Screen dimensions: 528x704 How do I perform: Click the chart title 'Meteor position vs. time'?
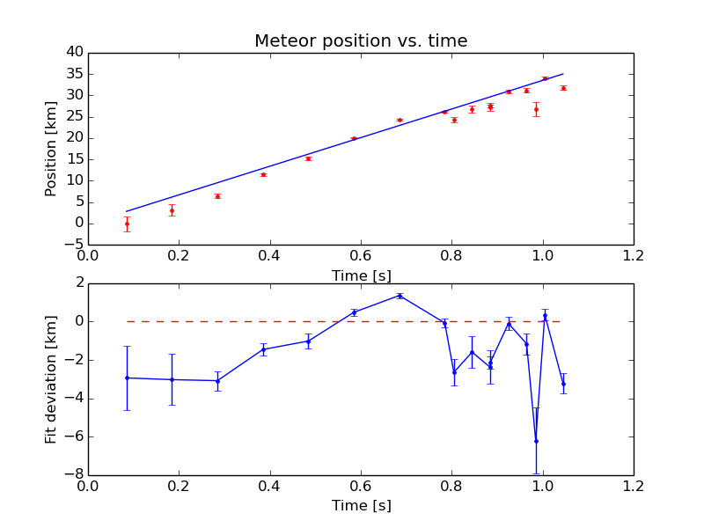(361, 41)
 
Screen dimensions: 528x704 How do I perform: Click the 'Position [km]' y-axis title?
(51, 148)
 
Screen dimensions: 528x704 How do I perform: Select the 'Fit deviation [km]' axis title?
(51, 378)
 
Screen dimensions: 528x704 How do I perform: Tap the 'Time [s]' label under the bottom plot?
(361, 506)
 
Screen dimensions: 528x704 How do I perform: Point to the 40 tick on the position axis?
(74, 53)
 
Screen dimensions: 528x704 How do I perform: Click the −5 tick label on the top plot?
(74, 245)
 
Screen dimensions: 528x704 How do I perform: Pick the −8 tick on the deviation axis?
(74, 475)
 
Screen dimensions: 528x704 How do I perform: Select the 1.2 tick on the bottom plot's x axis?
(633, 487)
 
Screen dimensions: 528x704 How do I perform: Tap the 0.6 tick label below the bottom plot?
(361, 487)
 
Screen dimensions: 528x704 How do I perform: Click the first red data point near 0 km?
(127, 224)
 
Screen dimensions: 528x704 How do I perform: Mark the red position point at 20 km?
(354, 138)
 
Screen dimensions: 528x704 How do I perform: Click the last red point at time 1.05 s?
(563, 88)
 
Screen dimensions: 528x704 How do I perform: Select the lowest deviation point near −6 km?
(536, 440)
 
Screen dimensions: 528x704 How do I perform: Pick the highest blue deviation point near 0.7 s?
(400, 296)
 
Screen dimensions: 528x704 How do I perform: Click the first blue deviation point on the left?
(127, 378)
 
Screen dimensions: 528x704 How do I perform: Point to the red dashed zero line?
(264, 321)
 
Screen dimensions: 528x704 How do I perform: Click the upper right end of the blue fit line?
(563, 74)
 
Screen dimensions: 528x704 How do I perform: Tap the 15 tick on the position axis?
(74, 159)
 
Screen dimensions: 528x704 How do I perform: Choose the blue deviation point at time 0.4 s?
(263, 349)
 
